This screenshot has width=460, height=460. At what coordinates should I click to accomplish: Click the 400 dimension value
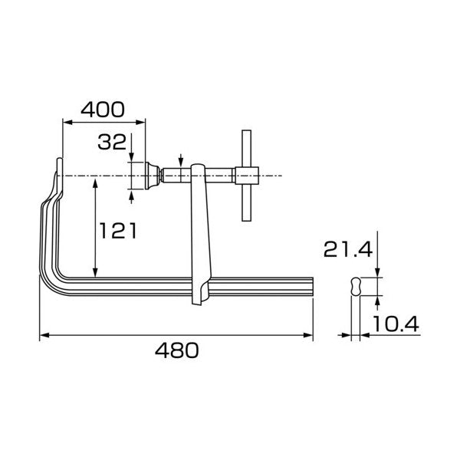point(103,110)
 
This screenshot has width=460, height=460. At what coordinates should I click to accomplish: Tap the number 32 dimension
point(112,142)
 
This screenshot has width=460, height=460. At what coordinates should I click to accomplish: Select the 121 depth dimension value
point(118,230)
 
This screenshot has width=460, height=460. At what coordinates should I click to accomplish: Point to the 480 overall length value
point(177,350)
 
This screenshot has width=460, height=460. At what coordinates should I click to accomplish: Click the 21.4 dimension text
point(348,250)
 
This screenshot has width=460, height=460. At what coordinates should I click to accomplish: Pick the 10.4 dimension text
point(396,324)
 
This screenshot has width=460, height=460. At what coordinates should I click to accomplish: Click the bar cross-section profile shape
point(356,286)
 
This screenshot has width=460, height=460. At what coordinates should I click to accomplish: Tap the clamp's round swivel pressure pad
point(153,176)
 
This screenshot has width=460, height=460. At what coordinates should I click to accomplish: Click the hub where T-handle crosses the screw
point(246,176)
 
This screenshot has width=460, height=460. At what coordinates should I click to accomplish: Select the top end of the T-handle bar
point(246,131)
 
